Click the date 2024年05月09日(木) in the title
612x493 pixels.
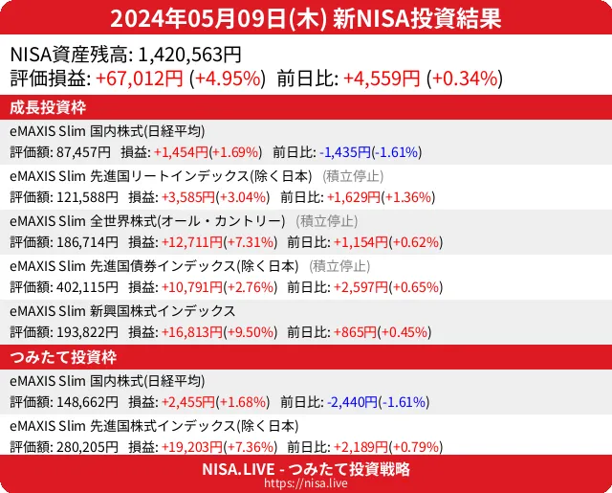[x=219, y=18]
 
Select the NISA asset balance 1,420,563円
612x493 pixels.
[x=190, y=55]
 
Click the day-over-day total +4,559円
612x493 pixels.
[x=382, y=78]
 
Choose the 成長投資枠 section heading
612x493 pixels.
[x=49, y=107]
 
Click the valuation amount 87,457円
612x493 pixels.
[x=84, y=152]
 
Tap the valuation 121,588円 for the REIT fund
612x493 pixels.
[x=88, y=198]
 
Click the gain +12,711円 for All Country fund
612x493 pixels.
[x=189, y=243]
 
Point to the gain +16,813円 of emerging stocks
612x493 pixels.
[x=189, y=332]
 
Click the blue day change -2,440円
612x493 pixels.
[x=351, y=402]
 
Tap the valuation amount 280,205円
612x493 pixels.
[x=88, y=447]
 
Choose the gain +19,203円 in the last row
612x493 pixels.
[x=189, y=447]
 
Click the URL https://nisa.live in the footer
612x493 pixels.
[x=306, y=484]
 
